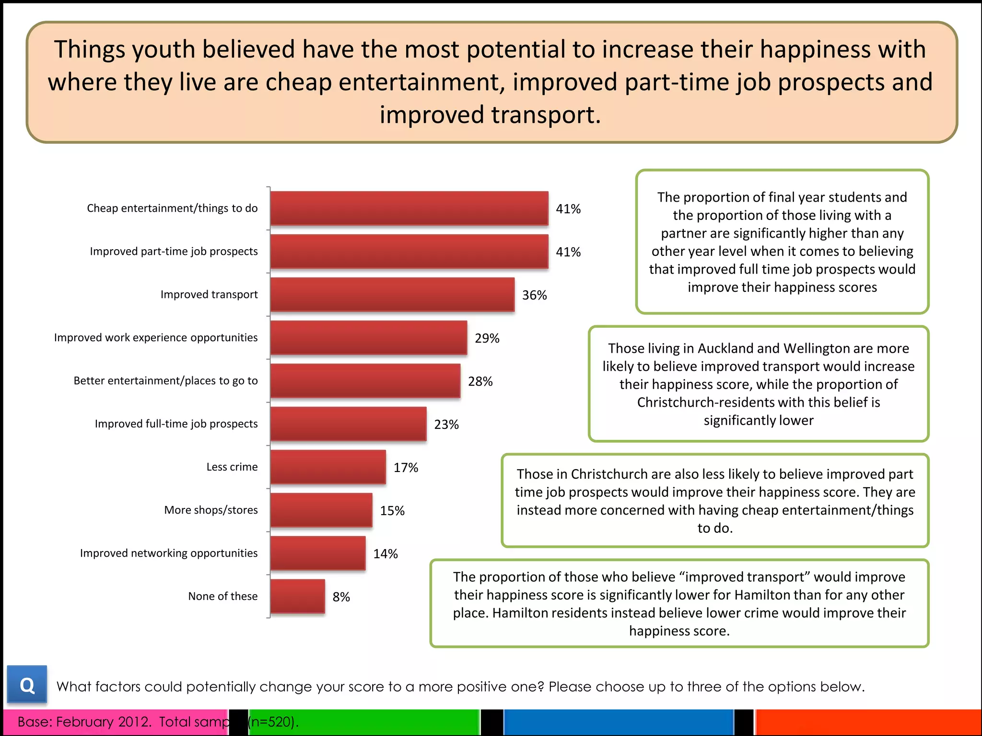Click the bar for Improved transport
coord(392,295)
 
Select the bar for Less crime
coord(328,467)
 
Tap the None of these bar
coord(297,597)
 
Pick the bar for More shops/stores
coord(321,510)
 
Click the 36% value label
coord(534,295)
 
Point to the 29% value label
coord(487,338)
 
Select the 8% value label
coord(341,597)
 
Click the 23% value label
coord(446,425)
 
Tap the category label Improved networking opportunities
coord(168,553)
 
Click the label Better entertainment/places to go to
coord(165,380)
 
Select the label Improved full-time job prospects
coord(176,424)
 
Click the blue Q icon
coord(27,685)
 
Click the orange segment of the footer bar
coord(868,722)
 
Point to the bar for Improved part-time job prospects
coord(409,252)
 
